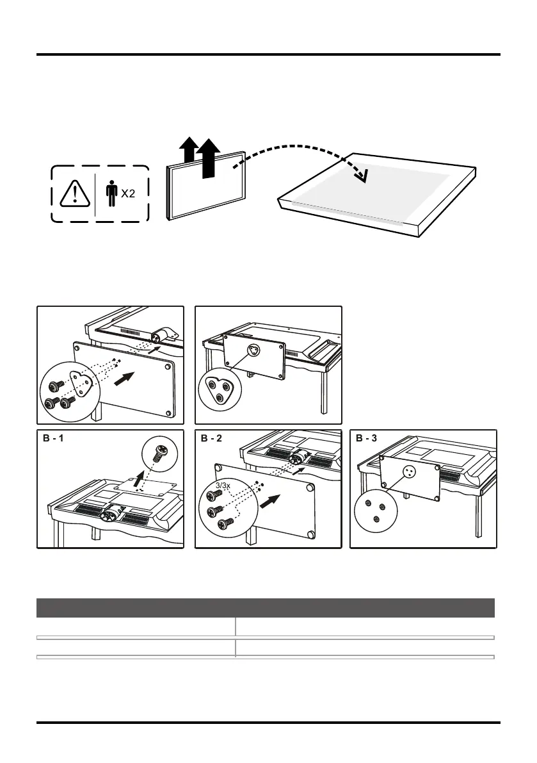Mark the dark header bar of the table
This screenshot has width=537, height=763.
(266, 607)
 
